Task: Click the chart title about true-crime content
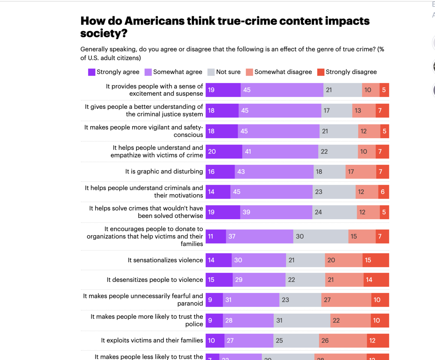[x=225, y=27]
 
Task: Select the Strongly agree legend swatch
[x=92, y=72]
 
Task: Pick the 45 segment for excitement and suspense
[x=282, y=90]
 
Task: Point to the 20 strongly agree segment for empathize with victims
[x=224, y=152]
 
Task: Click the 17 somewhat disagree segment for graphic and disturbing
[x=361, y=172]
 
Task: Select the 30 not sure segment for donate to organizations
[x=320, y=237]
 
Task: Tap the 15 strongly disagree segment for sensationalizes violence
[x=376, y=260]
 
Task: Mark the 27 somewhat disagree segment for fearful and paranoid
[x=346, y=300]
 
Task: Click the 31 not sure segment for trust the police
[x=302, y=320]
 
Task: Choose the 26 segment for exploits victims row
[x=343, y=341]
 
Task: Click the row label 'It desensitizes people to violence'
[x=155, y=280]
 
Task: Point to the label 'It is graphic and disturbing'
[x=164, y=172]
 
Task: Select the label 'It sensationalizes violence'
[x=165, y=260]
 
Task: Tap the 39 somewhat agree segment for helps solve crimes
[x=276, y=212]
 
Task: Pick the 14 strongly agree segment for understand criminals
[x=218, y=192]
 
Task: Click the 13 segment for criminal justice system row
[x=364, y=111]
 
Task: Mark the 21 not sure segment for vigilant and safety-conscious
[x=339, y=131]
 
